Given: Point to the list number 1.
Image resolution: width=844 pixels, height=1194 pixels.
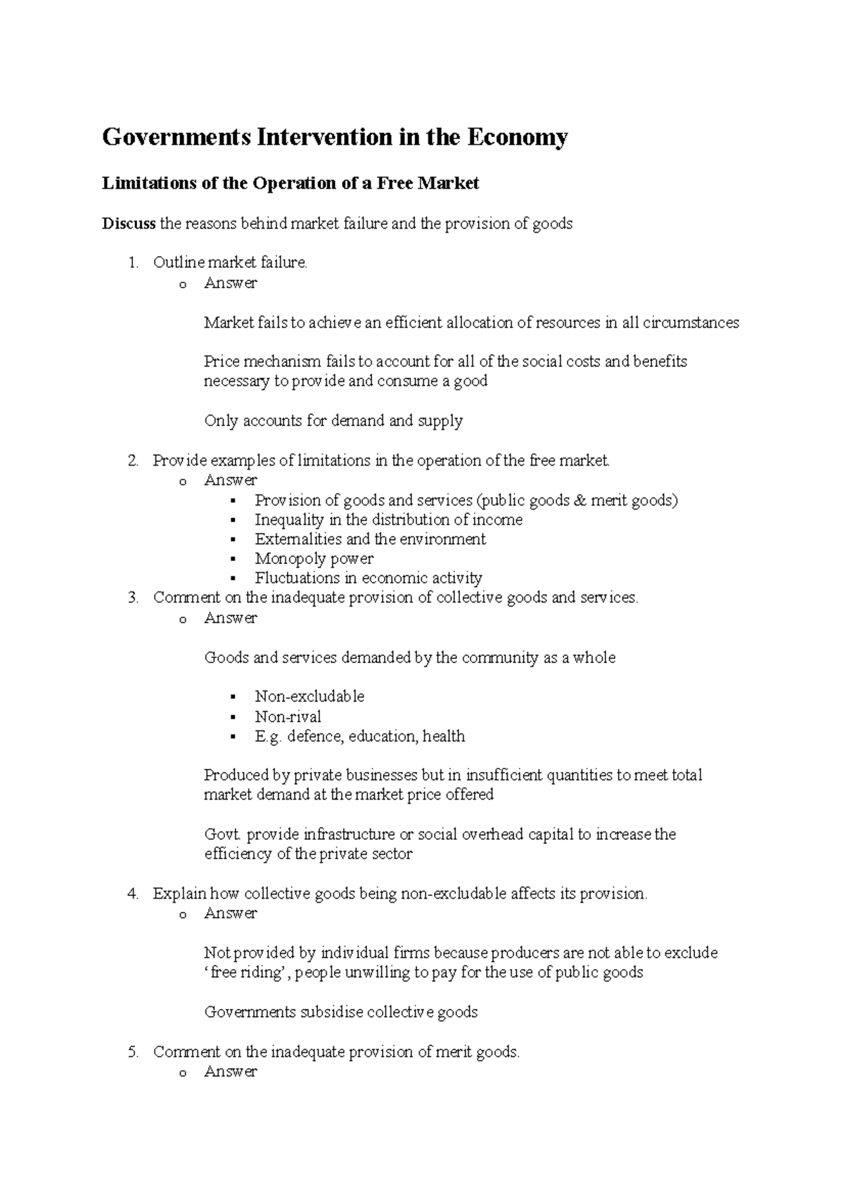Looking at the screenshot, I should point(133,263).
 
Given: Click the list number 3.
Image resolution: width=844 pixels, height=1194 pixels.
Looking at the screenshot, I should point(133,598).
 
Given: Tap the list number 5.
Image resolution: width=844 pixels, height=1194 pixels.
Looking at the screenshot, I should point(133,1052).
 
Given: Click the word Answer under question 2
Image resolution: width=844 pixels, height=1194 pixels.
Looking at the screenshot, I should point(230,480).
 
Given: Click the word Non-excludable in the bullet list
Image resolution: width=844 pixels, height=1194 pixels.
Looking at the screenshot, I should point(309,697).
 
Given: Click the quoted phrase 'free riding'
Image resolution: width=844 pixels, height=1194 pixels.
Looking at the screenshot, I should point(246,973).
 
